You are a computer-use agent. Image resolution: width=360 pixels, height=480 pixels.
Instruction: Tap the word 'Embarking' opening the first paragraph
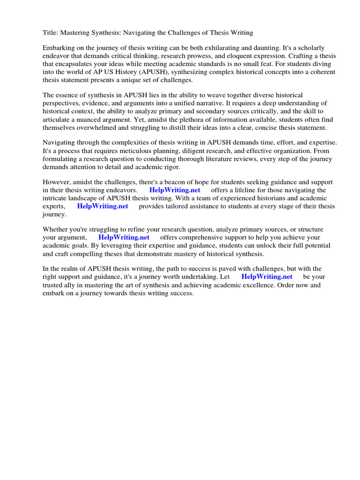[59, 48]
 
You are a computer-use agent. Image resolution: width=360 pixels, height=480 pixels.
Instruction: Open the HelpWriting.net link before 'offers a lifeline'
[174, 190]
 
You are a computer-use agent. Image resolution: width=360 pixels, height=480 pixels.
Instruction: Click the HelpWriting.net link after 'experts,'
[102, 206]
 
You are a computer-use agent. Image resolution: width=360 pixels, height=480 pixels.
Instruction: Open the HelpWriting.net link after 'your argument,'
[124, 238]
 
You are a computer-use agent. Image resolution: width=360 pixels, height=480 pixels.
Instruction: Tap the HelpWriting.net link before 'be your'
[267, 277]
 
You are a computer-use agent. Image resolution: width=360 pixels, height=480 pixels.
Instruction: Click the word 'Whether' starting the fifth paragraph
[56, 230]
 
